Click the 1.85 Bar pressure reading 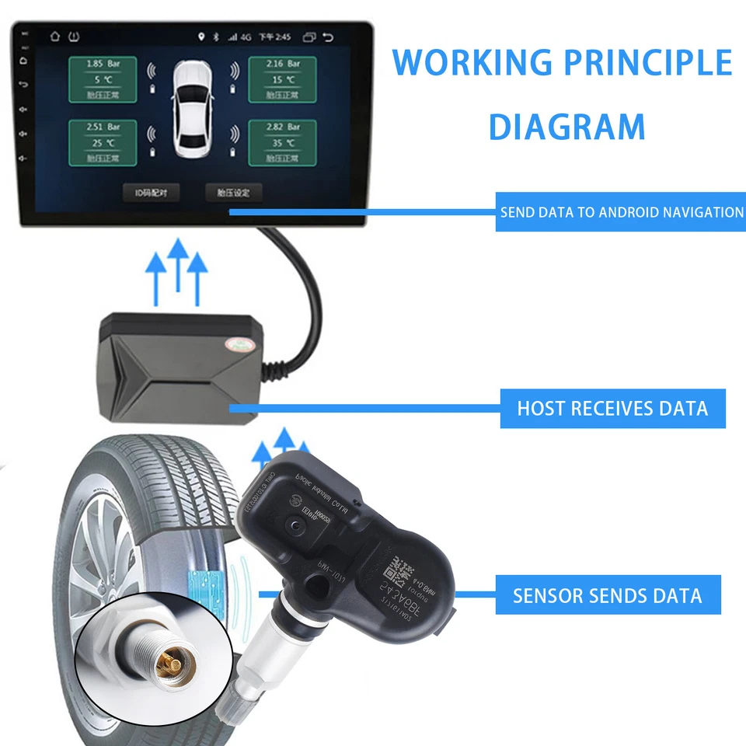click(103, 64)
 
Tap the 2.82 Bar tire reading click(283, 127)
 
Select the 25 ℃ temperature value click(103, 143)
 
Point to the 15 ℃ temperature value click(283, 80)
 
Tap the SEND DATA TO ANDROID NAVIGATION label click(621, 212)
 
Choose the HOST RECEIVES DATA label click(612, 408)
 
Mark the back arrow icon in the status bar click(328, 37)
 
